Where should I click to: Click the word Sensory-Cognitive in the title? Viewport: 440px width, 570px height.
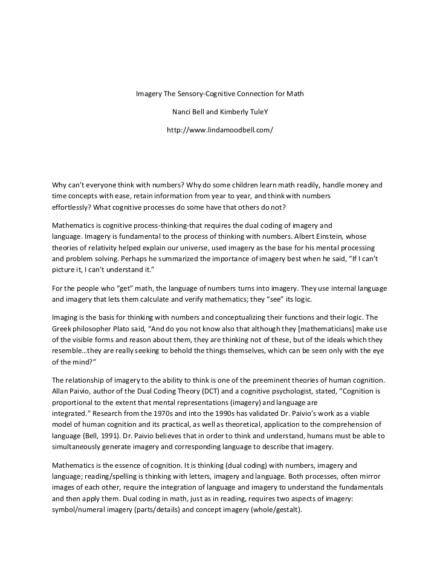point(207,94)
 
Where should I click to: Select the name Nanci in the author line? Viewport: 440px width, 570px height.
point(183,112)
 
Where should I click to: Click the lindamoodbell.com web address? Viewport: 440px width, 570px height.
point(220,130)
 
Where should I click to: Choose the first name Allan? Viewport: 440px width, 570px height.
point(61,391)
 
